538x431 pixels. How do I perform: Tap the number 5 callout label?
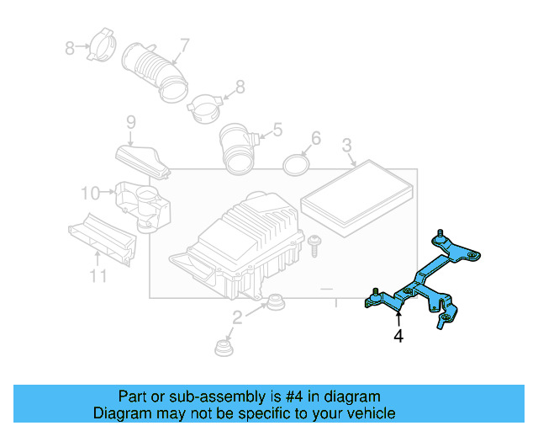tap(277, 130)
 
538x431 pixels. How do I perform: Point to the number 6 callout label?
tap(315, 137)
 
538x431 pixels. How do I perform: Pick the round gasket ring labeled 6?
tap(296, 162)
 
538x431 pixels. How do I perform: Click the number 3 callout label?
tap(346, 147)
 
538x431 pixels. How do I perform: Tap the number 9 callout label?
tap(131, 123)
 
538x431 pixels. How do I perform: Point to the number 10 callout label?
tap(90, 193)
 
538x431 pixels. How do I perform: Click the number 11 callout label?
tap(98, 276)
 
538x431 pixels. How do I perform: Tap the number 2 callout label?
tap(237, 317)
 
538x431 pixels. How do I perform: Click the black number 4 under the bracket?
tap(398, 336)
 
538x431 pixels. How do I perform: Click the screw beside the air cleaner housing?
tap(314, 245)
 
